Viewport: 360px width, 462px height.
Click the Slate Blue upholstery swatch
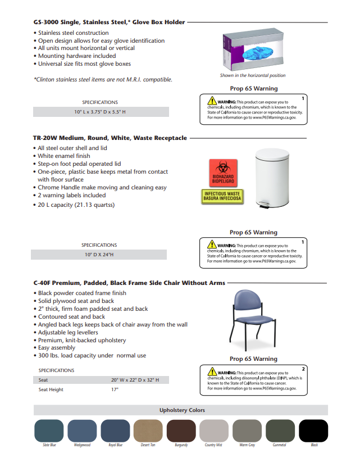[x=49, y=431]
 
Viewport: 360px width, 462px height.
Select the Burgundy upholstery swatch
[x=181, y=431]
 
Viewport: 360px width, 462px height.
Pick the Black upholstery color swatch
[x=313, y=431]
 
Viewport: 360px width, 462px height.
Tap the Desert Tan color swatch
[x=148, y=431]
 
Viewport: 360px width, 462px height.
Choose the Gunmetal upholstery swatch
[x=280, y=431]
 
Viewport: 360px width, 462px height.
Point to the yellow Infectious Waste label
[x=222, y=196]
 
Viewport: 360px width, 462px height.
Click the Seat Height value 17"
[x=115, y=389]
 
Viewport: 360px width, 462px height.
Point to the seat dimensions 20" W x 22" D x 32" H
[x=135, y=380]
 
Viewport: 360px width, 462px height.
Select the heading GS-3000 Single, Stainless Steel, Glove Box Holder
[x=109, y=22]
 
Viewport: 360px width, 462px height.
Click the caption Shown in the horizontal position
[x=253, y=75]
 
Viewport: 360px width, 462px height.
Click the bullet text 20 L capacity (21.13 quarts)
[x=76, y=205]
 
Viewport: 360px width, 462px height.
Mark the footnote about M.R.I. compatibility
[x=103, y=80]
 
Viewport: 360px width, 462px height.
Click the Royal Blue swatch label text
[x=115, y=445]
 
